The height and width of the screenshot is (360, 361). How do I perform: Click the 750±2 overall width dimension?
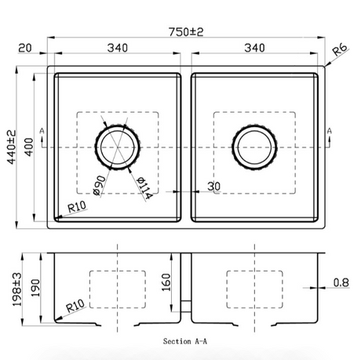[x=186, y=32]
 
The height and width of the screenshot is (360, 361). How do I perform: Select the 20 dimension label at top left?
[x=25, y=48]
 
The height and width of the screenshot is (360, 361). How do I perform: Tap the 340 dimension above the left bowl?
[x=118, y=48]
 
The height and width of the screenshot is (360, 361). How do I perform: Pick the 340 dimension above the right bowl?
[x=254, y=48]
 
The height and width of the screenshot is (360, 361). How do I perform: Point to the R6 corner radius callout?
[x=340, y=49]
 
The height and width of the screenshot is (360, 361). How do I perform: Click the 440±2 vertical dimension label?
[x=11, y=147]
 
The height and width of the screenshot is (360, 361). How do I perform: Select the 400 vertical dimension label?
[x=29, y=147]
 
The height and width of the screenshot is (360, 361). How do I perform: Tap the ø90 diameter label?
[x=100, y=185]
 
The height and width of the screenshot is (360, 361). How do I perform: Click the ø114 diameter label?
[x=144, y=187]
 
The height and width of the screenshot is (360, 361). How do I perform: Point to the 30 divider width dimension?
[x=214, y=186]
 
